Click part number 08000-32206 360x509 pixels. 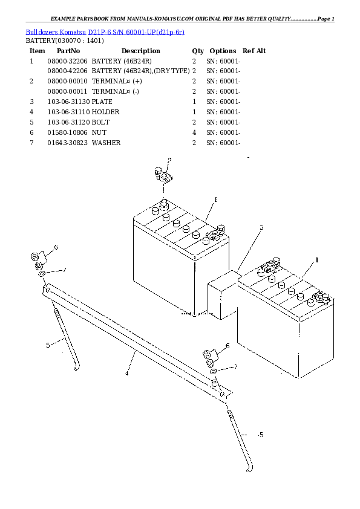pos(67,61)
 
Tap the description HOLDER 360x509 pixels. pos(105,112)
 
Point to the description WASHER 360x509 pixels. pos(106,143)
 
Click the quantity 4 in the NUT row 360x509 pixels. pos(194,132)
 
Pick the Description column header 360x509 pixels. pos(140,51)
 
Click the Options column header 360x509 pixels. pos(222,51)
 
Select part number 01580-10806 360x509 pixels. pos(67,132)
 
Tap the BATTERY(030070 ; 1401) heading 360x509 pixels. pos(64,41)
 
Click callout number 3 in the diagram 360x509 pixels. pos(261,227)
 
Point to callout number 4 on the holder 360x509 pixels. pos(126,373)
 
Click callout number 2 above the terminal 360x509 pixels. pos(169,160)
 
